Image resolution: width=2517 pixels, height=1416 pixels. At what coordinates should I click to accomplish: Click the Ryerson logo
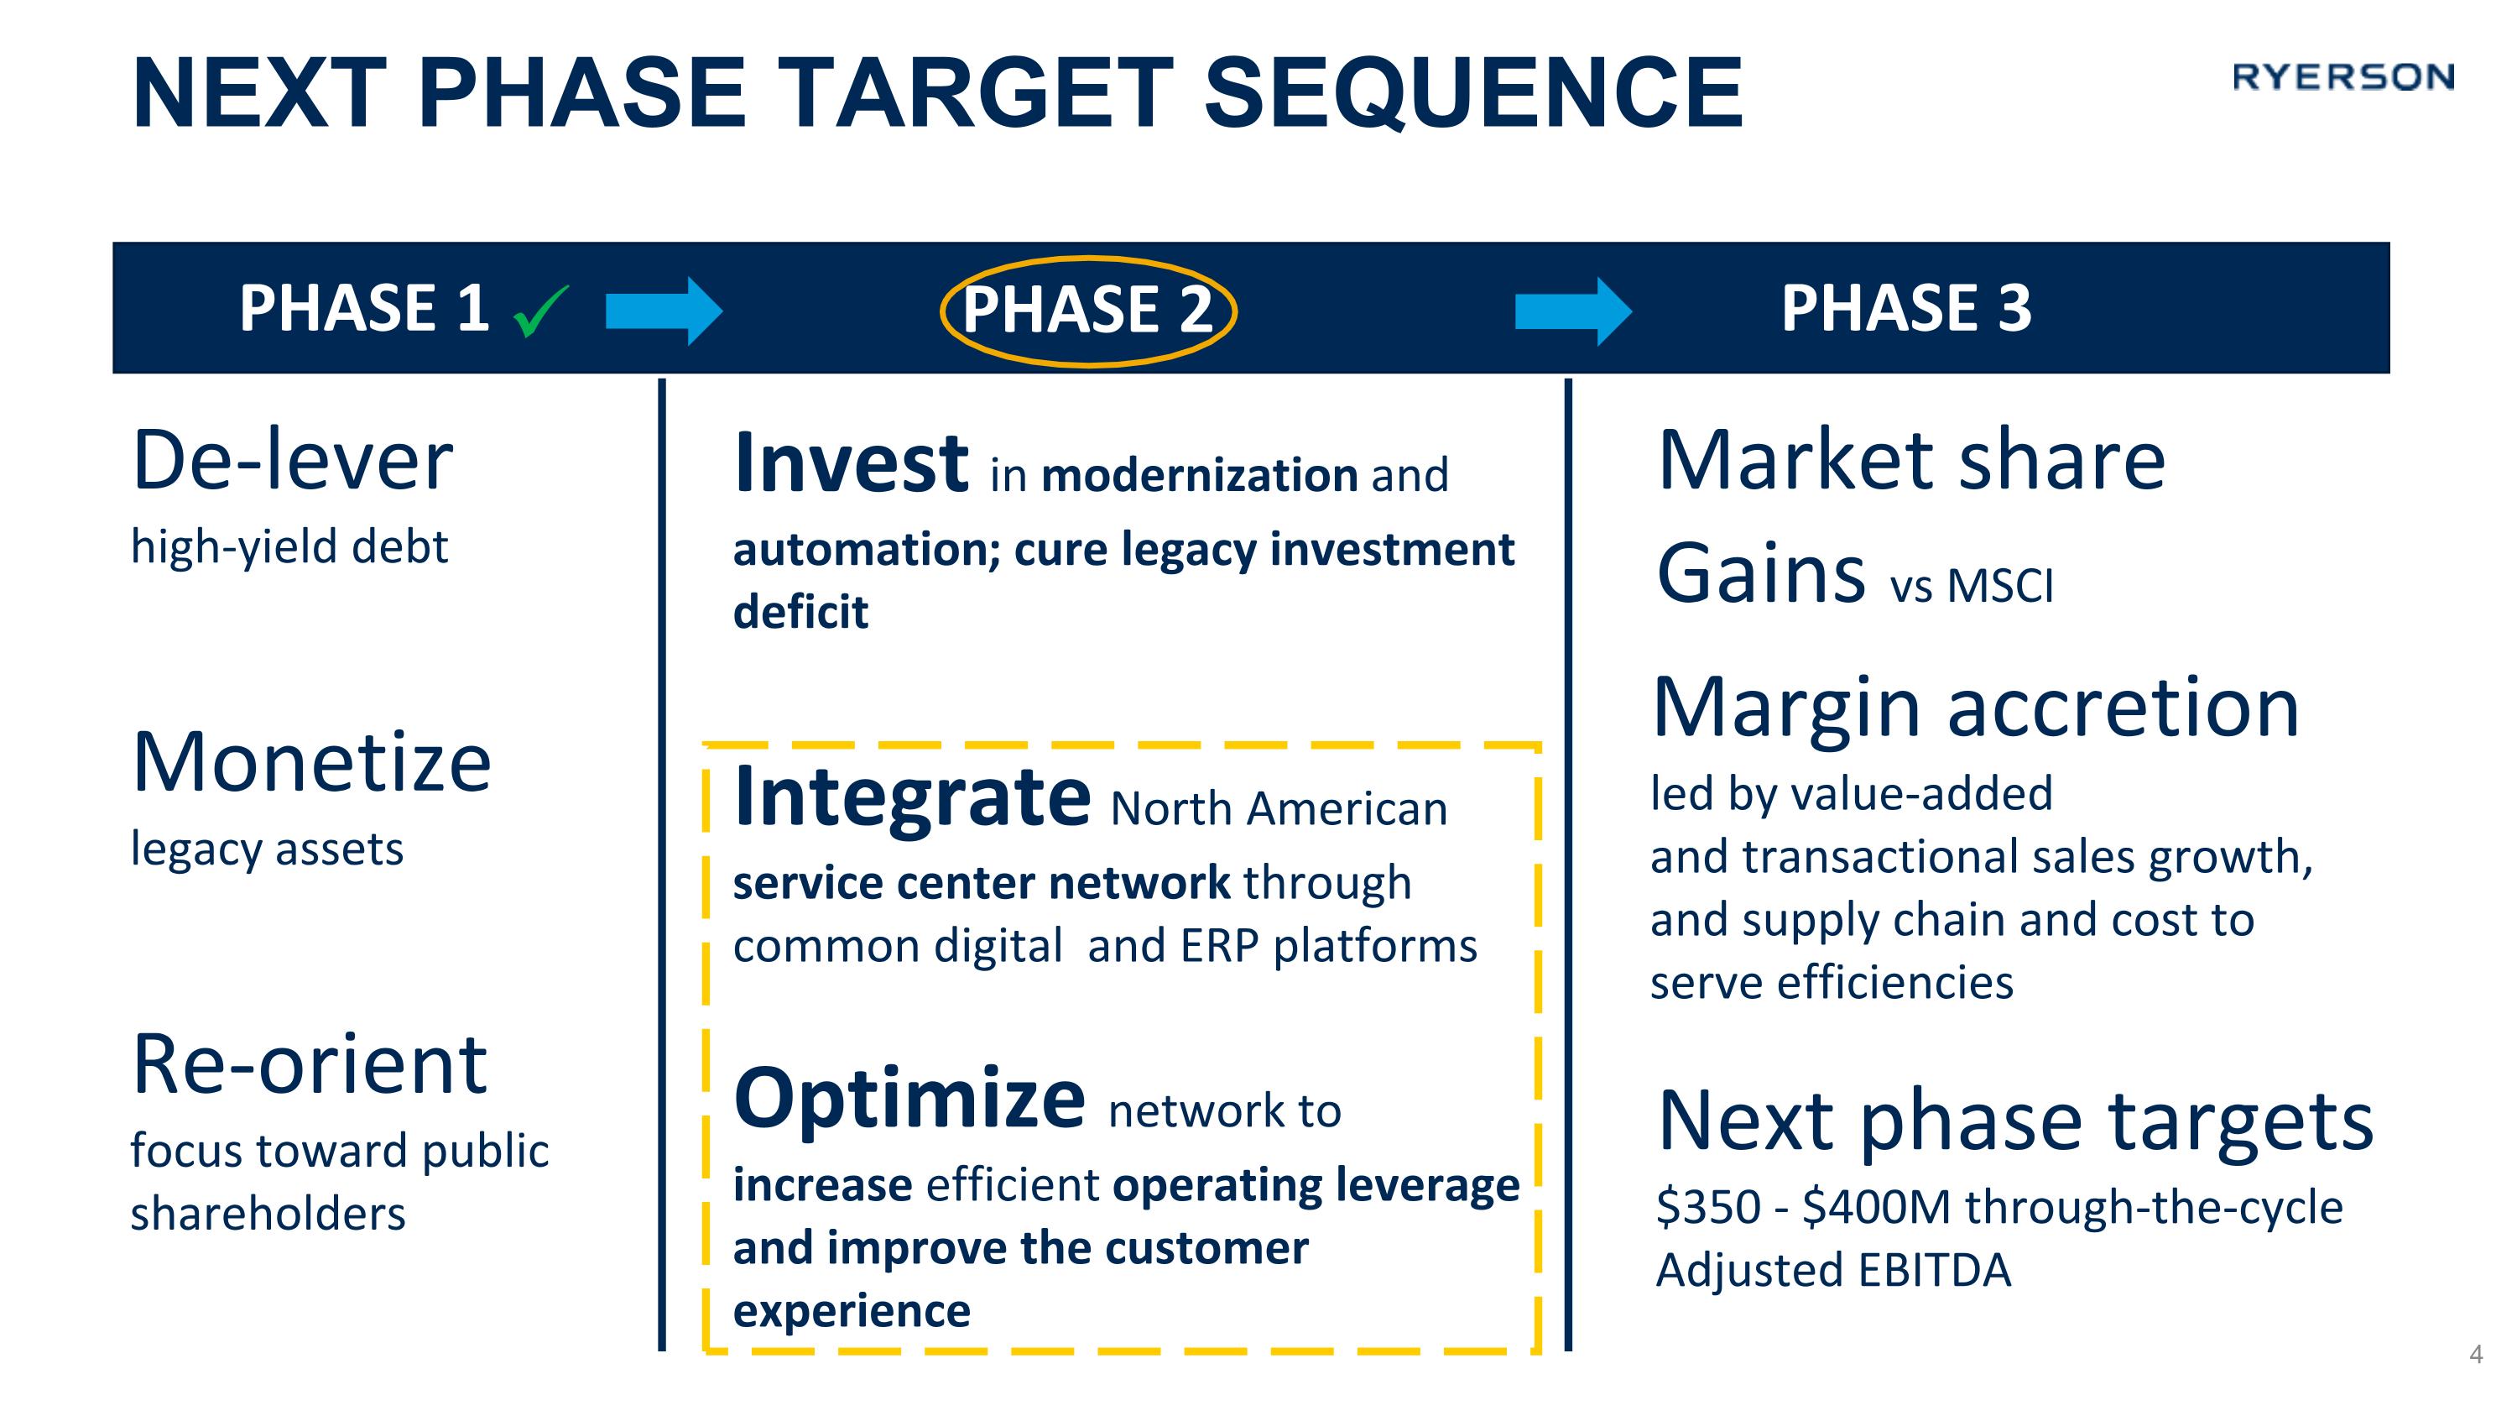2342,77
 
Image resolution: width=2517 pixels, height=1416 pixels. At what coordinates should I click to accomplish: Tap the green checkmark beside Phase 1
540,311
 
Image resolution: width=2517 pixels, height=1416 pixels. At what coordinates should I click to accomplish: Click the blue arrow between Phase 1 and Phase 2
664,311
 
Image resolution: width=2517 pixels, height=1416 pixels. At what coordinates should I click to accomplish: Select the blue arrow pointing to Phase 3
1572,311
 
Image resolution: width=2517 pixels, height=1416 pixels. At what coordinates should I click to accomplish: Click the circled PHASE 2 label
1087,310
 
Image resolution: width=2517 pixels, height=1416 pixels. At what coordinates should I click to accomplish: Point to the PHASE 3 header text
1905,308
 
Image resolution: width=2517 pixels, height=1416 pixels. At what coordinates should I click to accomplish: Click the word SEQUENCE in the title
1473,93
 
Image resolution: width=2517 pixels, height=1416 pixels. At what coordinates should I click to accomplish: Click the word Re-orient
309,1064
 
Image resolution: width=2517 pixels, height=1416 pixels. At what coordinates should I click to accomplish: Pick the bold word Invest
850,464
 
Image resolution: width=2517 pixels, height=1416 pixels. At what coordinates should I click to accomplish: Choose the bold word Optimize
909,1100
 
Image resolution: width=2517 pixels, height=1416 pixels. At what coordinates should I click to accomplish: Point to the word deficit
800,613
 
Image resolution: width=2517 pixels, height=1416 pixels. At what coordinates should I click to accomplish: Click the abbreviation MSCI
1999,588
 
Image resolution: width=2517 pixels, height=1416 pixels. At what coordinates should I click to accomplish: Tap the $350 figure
1708,1207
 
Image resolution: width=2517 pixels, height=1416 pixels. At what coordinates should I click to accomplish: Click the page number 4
2476,1353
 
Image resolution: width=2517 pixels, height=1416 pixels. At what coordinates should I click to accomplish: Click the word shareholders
268,1215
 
